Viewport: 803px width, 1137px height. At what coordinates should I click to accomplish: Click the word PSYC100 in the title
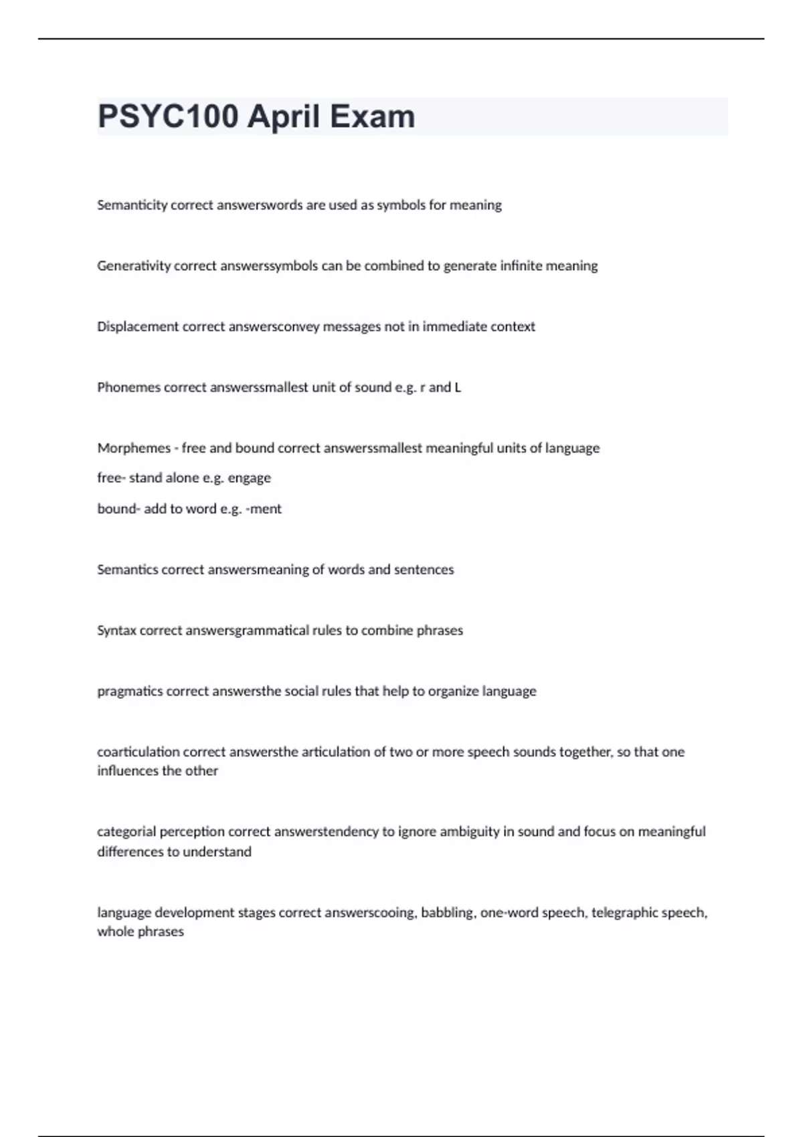(x=168, y=116)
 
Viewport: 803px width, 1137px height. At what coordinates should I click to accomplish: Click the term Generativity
(x=134, y=266)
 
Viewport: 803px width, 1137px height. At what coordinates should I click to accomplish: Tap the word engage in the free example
(x=249, y=478)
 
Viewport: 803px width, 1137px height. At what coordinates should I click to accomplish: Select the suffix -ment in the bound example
(x=264, y=509)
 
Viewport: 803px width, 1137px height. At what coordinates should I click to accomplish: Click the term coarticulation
(x=138, y=752)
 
